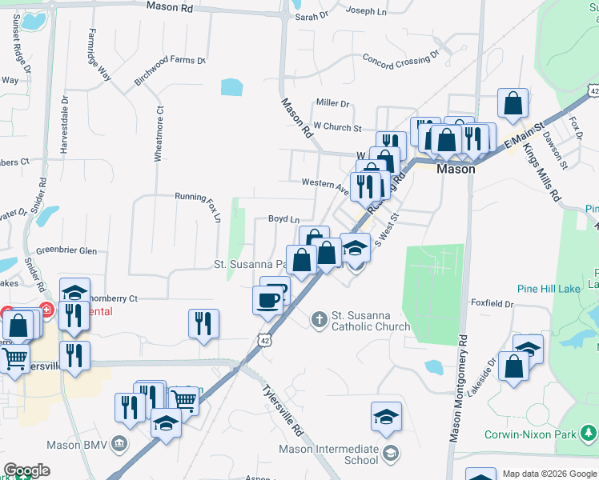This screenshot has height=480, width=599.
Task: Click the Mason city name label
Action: (456, 169)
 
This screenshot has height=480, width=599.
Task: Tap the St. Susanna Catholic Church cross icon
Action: (319, 320)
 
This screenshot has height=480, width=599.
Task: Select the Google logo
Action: (26, 470)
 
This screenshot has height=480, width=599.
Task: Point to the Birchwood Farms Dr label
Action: (170, 71)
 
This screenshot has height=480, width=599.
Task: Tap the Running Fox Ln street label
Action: (197, 196)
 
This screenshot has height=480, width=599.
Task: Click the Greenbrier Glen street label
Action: (66, 250)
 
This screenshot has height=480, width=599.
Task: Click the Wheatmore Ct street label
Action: (159, 134)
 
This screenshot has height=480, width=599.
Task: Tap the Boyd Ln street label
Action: (283, 218)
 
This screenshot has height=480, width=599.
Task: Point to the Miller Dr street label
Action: (333, 103)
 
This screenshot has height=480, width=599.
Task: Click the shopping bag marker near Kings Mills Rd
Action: (513, 104)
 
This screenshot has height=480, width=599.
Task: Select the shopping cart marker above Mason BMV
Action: (185, 399)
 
